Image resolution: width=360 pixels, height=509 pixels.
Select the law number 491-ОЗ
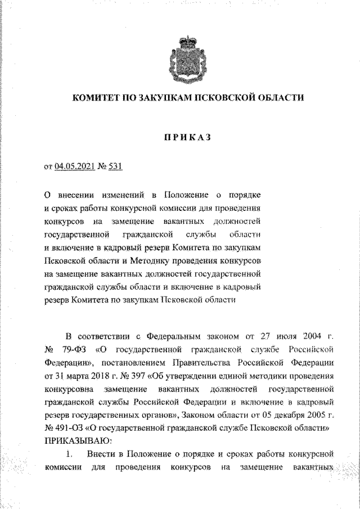(x=68, y=427)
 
